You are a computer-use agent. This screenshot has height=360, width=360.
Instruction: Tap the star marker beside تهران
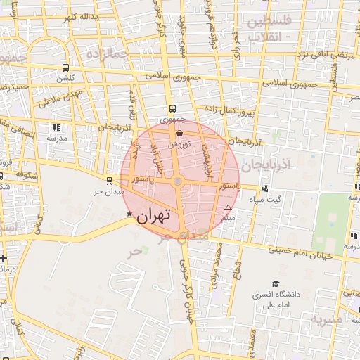[x=128, y=214]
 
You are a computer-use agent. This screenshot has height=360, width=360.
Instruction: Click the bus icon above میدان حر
[x=108, y=181]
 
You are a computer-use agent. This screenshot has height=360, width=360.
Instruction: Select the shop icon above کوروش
[x=179, y=133]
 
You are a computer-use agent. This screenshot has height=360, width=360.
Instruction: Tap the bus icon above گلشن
[x=65, y=68]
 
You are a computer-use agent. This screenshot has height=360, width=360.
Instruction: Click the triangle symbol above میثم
[x=228, y=208]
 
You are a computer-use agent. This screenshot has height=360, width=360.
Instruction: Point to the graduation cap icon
[x=257, y=295]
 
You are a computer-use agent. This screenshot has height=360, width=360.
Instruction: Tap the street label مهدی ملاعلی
[x=60, y=95]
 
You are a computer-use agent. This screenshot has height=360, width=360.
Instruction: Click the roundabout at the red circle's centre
[x=178, y=182]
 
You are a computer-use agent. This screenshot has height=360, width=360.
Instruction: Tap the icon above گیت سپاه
[x=264, y=188]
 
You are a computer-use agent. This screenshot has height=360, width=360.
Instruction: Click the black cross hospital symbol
[x=4, y=258]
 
